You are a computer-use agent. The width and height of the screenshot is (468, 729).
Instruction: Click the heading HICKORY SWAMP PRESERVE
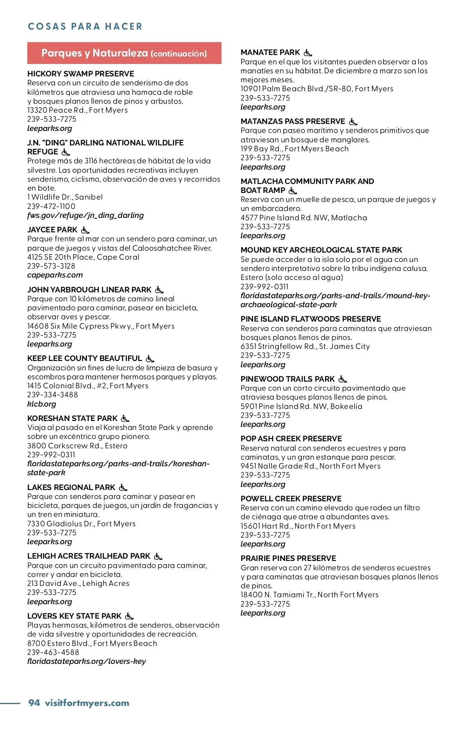pyautogui.click(x=80, y=74)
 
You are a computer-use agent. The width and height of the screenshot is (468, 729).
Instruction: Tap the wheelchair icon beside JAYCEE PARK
pyautogui.click(x=85, y=230)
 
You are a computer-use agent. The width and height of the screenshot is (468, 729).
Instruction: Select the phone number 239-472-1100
pyautogui.click(x=51, y=206)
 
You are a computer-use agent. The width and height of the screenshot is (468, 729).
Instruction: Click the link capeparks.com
pyautogui.click(x=55, y=275)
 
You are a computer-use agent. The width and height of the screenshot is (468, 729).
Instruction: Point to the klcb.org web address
pyautogui.click(x=42, y=404)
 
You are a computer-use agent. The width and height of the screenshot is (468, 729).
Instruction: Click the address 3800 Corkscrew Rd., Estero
pyautogui.click(x=77, y=446)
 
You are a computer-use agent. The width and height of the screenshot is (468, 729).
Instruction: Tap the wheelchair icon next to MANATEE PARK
pyautogui.click(x=308, y=53)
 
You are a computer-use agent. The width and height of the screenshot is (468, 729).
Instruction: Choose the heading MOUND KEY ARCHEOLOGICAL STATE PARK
pyautogui.click(x=321, y=250)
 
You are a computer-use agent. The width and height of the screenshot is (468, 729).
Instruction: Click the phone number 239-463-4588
pyautogui.click(x=53, y=652)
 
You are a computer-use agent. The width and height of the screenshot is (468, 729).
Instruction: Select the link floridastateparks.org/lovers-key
pyautogui.click(x=87, y=662)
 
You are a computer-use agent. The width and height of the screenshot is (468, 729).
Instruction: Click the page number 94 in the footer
pyautogui.click(x=34, y=703)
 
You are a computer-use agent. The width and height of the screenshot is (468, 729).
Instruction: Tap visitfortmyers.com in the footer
pyautogui.click(x=87, y=703)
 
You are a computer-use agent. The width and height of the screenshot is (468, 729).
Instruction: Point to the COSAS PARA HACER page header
pyautogui.click(x=85, y=27)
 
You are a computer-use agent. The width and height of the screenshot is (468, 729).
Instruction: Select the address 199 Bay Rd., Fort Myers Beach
pyautogui.click(x=294, y=149)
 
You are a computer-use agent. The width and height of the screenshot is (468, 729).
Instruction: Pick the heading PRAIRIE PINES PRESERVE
pyautogui.click(x=288, y=559)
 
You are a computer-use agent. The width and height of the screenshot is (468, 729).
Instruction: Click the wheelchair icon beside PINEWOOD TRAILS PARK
pyautogui.click(x=342, y=379)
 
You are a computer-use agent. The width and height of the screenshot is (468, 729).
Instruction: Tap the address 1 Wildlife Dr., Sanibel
pyautogui.click(x=65, y=197)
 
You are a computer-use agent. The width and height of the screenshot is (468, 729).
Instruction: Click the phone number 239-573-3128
pyautogui.click(x=51, y=266)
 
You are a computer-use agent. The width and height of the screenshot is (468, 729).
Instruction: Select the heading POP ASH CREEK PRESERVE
pyautogui.click(x=291, y=439)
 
